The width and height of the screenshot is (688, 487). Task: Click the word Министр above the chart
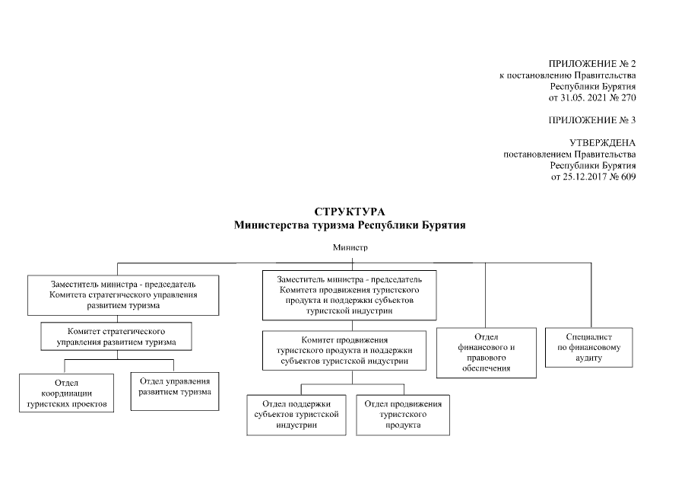point(350,248)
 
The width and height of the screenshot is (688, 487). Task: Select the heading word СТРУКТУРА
point(350,212)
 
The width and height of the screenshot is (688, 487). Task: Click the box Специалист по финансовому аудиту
point(588,347)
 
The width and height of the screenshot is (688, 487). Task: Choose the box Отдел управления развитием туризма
point(175,386)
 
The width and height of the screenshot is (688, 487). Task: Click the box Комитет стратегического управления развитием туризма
point(116,337)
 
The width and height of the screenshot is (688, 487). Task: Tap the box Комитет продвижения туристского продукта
point(344,350)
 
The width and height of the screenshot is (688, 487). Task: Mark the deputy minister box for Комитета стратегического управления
point(124,294)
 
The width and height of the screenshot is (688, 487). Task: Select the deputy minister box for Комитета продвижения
point(350,295)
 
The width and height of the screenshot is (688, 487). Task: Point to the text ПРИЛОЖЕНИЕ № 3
point(591,120)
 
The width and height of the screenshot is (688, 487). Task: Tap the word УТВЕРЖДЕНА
point(602,143)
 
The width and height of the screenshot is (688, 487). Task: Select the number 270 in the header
point(628,98)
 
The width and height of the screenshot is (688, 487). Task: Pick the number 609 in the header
point(628,177)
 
